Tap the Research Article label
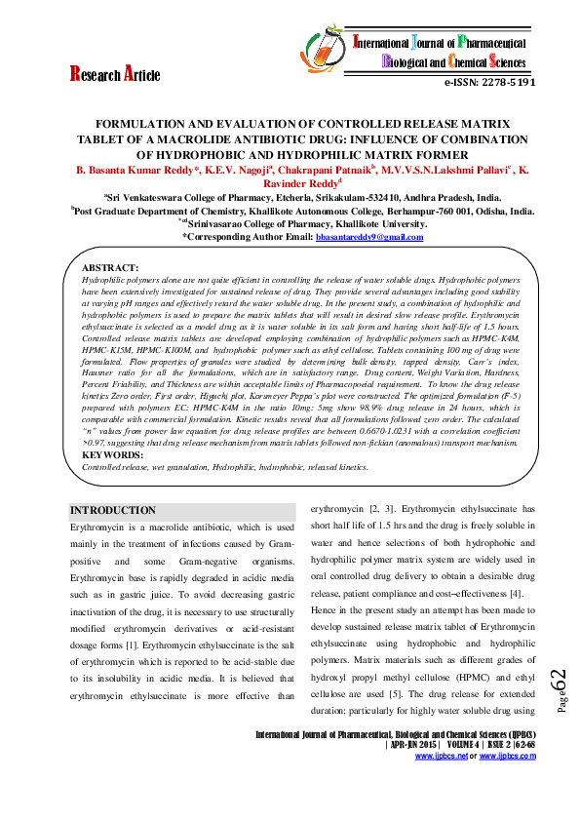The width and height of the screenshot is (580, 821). point(114,74)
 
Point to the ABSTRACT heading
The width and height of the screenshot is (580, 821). point(109,266)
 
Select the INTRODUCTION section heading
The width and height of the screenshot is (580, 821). point(113,510)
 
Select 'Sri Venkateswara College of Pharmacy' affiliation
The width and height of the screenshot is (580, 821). point(194,195)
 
